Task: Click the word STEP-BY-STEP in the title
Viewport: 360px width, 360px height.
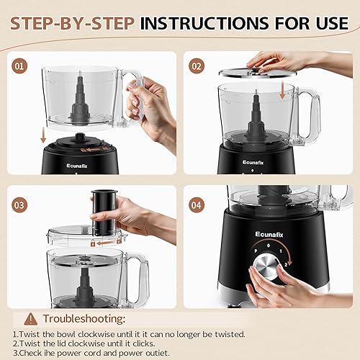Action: (x=70, y=23)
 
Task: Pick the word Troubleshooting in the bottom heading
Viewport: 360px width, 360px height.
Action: (x=84, y=319)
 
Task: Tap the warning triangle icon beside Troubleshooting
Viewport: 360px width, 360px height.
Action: (x=30, y=319)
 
